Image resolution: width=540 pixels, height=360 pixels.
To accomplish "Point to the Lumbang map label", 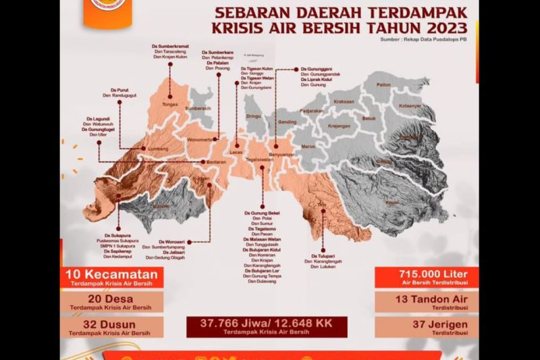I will (157, 149).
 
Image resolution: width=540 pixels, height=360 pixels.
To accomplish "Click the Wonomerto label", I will (200, 140).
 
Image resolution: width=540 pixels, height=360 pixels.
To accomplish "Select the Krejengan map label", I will (339, 125).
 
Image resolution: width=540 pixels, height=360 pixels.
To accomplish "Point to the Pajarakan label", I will (313, 110).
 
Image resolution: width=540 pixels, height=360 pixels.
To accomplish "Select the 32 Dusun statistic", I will (111, 327).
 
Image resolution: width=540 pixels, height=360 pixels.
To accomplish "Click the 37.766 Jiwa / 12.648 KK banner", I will (268, 326).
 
